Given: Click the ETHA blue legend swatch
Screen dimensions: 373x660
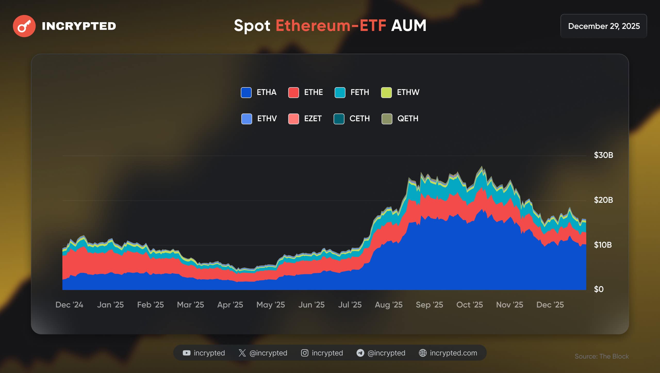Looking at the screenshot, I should pyautogui.click(x=246, y=93).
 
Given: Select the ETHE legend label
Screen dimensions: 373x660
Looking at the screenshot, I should pyautogui.click(x=313, y=92).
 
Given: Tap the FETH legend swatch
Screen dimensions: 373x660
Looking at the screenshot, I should pyautogui.click(x=340, y=93).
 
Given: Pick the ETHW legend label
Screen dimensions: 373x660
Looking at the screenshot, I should pyautogui.click(x=408, y=92).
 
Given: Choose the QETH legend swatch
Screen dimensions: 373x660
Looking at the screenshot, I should pyautogui.click(x=387, y=119).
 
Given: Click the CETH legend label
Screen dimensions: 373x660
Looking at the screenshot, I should pyautogui.click(x=359, y=119).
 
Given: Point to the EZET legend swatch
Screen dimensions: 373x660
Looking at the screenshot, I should pyautogui.click(x=293, y=119).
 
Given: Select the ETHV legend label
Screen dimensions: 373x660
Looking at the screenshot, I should pyautogui.click(x=267, y=119).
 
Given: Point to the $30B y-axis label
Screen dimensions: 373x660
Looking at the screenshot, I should pyautogui.click(x=603, y=155).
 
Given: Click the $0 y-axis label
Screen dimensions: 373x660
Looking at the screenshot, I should pyautogui.click(x=599, y=289).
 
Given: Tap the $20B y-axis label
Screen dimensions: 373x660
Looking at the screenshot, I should pyautogui.click(x=603, y=200).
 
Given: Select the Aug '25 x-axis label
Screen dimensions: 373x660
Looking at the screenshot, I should pyautogui.click(x=389, y=305).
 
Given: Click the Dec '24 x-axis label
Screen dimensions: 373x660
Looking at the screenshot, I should pyautogui.click(x=69, y=305).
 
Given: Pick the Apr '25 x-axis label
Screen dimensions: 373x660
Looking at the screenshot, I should pyautogui.click(x=230, y=305).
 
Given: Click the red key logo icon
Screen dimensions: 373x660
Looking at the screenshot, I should pyautogui.click(x=24, y=26).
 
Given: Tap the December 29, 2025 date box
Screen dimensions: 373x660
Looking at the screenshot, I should pyautogui.click(x=604, y=26).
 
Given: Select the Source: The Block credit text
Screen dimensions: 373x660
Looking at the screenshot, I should pyautogui.click(x=601, y=356).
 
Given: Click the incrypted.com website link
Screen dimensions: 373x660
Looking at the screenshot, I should pyautogui.click(x=453, y=353).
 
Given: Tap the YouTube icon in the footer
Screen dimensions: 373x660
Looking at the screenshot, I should pyautogui.click(x=186, y=353).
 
